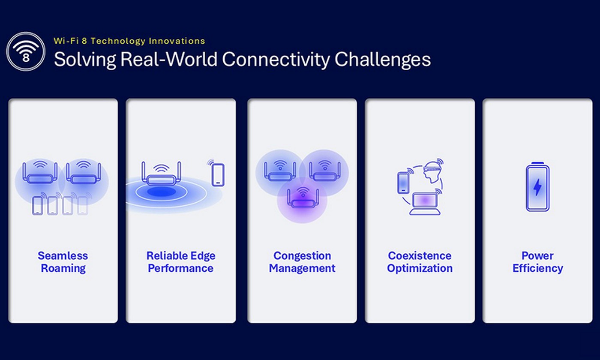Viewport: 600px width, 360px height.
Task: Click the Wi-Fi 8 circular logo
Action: coord(26,51)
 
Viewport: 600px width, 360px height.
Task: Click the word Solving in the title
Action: coord(85,60)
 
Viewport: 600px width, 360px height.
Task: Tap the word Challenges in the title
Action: coord(383,60)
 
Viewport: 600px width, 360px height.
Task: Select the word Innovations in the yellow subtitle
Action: coord(177,41)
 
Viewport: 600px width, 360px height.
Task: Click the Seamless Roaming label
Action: coord(63,262)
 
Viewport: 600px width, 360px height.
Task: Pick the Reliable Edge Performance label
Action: coord(181,262)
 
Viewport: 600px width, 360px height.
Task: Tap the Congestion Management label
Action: coord(302,262)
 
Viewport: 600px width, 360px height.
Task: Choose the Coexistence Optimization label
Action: coord(420,262)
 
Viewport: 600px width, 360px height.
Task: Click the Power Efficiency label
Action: coord(537,262)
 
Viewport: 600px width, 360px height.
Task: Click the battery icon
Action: coord(537,187)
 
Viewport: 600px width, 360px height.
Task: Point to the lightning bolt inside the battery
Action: coord(537,187)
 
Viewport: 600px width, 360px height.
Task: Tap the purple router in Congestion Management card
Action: coord(303,198)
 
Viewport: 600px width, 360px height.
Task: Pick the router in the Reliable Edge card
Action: coord(161,174)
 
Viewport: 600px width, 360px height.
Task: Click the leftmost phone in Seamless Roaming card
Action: coord(37,206)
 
